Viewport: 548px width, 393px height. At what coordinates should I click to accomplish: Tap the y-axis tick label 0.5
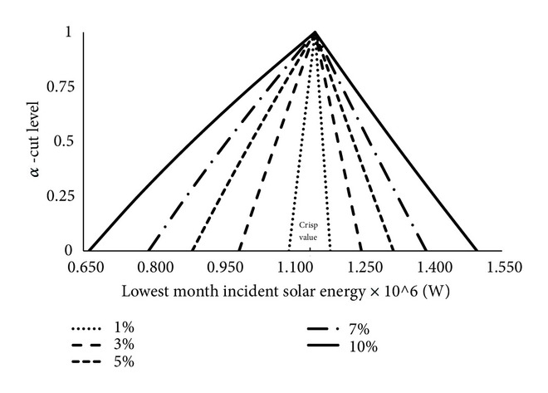pyautogui.click(x=63, y=141)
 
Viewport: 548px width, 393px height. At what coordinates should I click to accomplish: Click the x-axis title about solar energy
pyautogui.click(x=287, y=292)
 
